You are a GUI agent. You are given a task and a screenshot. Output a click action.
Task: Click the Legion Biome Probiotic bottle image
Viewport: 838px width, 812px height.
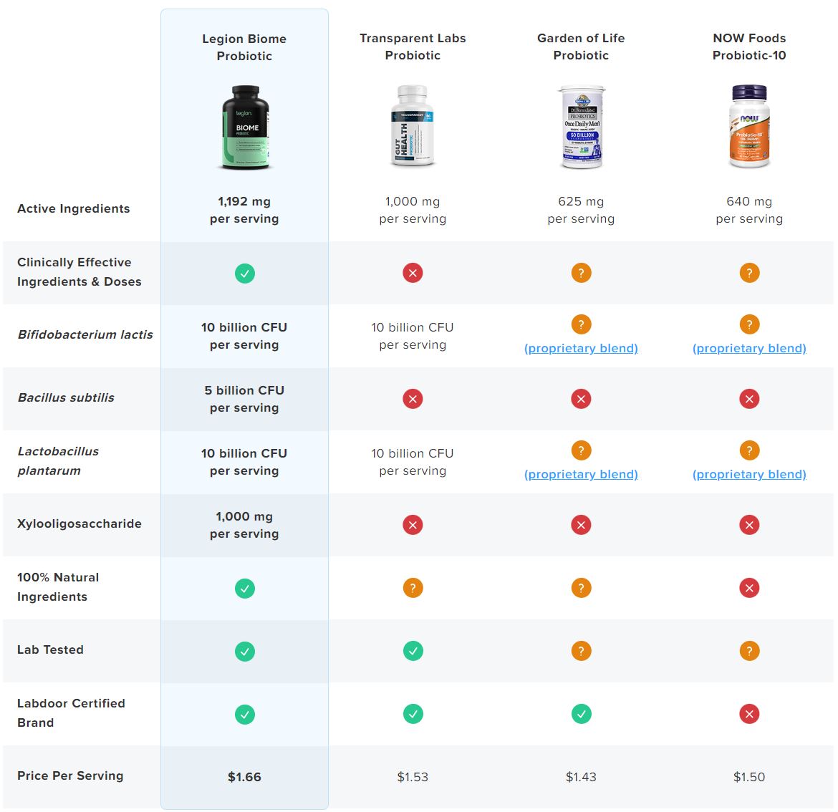tap(245, 127)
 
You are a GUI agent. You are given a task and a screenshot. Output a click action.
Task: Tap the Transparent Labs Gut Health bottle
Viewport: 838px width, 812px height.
tap(413, 126)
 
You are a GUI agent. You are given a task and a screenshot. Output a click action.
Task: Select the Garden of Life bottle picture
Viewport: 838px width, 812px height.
tap(581, 127)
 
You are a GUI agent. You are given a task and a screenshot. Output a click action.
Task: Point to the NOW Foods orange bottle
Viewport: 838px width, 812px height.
tap(749, 127)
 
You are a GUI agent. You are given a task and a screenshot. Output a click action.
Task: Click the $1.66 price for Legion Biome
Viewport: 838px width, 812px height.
tap(244, 777)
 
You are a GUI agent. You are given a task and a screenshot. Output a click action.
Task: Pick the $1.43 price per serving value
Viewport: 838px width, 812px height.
tap(581, 777)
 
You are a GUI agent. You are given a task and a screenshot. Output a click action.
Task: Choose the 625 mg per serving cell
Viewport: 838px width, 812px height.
tap(581, 210)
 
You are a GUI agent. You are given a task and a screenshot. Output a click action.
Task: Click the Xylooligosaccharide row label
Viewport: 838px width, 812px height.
tap(80, 523)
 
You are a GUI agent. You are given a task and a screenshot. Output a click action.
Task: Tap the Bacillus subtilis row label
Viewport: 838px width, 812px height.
tap(66, 397)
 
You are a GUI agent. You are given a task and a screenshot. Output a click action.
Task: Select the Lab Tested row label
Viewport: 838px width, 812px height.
tap(50, 649)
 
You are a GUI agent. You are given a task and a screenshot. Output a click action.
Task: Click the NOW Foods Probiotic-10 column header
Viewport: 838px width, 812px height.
tap(749, 47)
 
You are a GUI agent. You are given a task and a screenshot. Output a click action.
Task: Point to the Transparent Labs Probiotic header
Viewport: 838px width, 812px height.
tap(413, 47)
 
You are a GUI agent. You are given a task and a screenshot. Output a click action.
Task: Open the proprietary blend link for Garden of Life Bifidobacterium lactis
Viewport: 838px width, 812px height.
tap(581, 348)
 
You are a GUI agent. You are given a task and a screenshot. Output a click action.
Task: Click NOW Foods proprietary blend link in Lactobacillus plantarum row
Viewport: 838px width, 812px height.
tap(749, 474)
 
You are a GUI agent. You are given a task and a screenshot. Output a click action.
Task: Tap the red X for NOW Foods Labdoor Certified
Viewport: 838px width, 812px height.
tap(749, 714)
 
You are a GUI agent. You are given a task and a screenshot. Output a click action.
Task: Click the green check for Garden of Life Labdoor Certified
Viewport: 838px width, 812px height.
tap(581, 714)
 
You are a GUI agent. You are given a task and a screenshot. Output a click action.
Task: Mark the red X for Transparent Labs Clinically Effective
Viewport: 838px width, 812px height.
tap(413, 273)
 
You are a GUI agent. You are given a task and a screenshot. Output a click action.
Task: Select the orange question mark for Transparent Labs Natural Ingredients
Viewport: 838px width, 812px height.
tap(413, 588)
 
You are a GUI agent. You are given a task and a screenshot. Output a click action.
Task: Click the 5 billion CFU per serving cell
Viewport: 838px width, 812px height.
tap(244, 399)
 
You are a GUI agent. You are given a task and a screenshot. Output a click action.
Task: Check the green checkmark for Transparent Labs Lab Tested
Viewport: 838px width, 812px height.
tap(413, 651)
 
